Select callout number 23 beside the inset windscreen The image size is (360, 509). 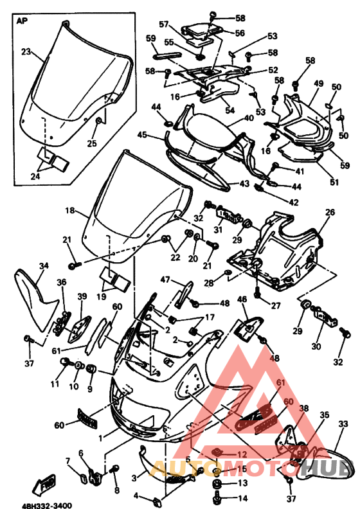pyautogui.click(x=26, y=51)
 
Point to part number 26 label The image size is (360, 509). pyautogui.click(x=330, y=211)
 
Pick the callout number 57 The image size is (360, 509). pyautogui.click(x=164, y=25)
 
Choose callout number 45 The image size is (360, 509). pyautogui.click(x=143, y=135)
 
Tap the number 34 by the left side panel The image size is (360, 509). pyautogui.click(x=44, y=265)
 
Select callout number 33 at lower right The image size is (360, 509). pyautogui.click(x=343, y=424)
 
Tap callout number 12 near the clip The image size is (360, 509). pyautogui.click(x=242, y=454)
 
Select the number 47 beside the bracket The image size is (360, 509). pyautogui.click(x=165, y=280)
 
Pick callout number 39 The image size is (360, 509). pyautogui.click(x=82, y=296)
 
